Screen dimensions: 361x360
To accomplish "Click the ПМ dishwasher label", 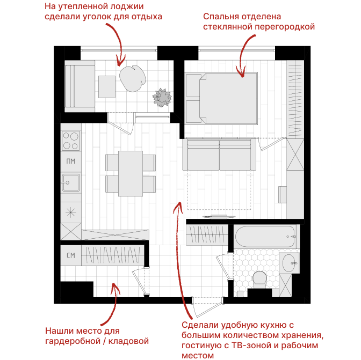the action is [71, 161].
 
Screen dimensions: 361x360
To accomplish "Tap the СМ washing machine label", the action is [71, 255].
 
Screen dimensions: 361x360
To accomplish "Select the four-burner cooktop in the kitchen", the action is [71, 140].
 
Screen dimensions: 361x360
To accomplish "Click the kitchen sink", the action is [71, 182].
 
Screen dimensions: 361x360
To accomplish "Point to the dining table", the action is [131, 173].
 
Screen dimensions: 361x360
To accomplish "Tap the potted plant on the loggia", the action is [162, 98].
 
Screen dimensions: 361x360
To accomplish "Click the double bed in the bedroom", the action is [221, 98].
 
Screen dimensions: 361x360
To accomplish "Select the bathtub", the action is [265, 237].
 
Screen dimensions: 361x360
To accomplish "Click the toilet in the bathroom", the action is [259, 280].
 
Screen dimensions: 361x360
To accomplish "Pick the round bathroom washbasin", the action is [289, 263].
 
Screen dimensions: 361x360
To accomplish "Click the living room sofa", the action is [219, 154].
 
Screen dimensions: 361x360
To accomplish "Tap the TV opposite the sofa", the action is [219, 216].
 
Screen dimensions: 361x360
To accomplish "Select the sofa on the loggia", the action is [80, 86].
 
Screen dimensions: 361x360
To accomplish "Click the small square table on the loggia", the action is [107, 87].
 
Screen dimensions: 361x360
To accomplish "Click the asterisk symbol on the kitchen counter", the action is [71, 212].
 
